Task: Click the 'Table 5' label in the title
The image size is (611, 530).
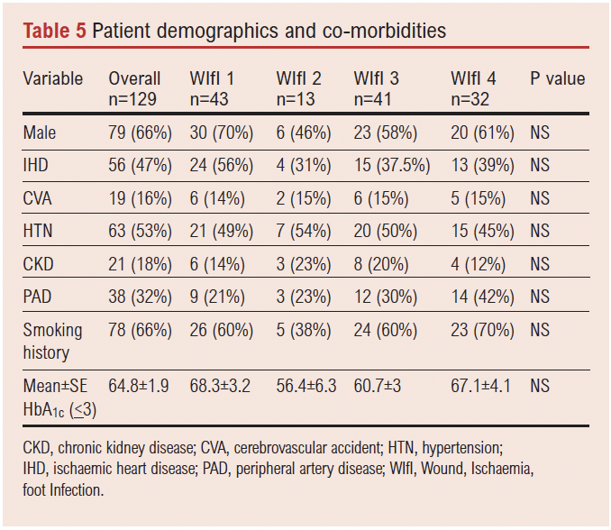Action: pos(55,31)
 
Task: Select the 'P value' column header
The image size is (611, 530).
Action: pos(558,79)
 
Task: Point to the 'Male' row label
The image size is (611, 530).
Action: pos(40,132)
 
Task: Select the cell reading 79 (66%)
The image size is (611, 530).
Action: pos(140,132)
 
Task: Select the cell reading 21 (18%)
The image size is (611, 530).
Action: pos(140,265)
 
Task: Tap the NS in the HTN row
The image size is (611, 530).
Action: pos(540,232)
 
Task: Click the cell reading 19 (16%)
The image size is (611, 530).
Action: pos(140,198)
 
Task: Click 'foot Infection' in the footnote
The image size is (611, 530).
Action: pos(64,490)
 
